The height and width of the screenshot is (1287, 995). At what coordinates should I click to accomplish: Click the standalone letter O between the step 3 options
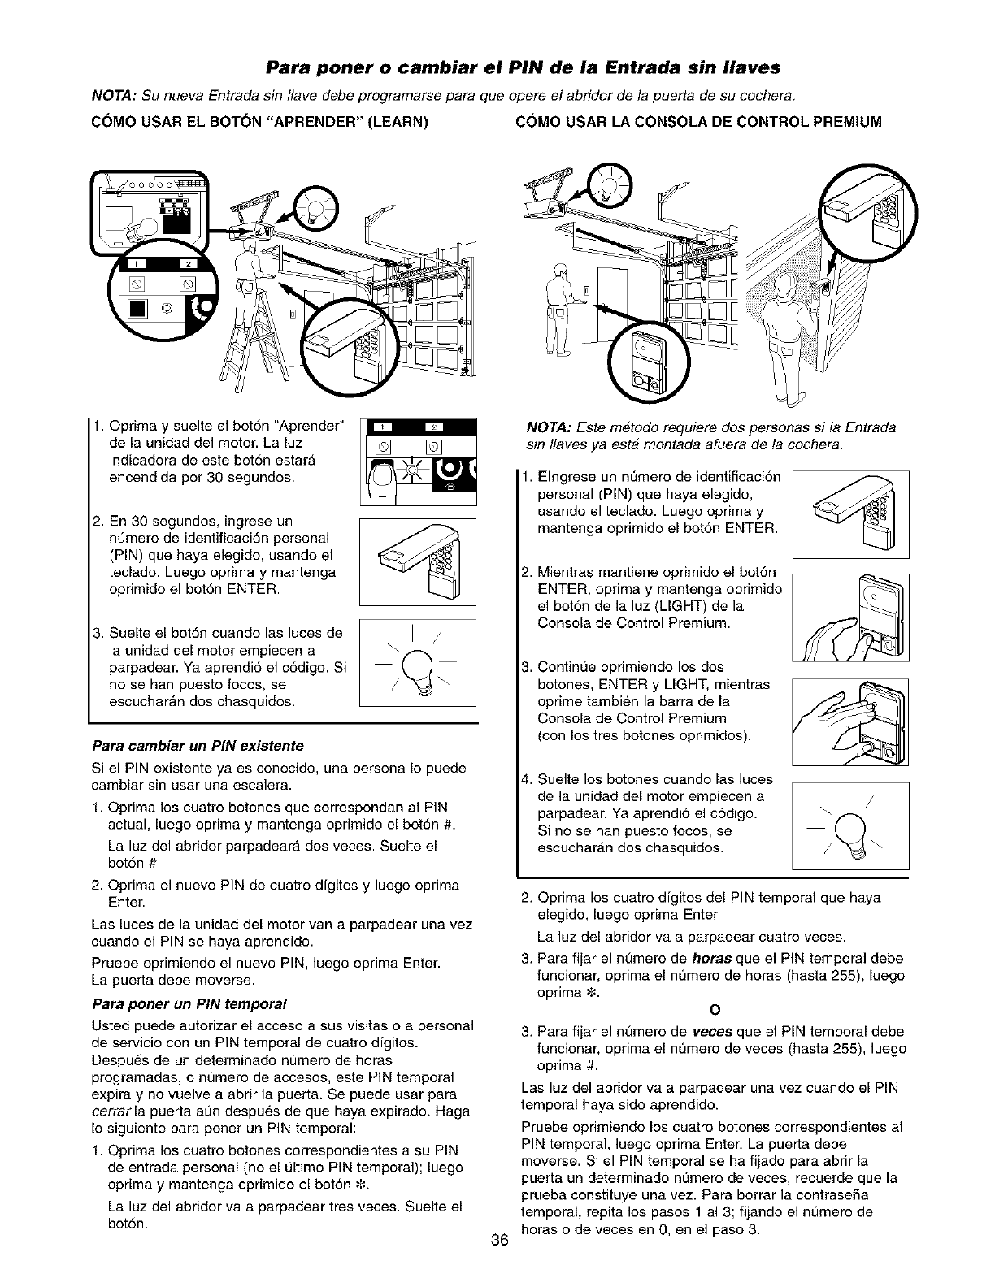[x=715, y=1011]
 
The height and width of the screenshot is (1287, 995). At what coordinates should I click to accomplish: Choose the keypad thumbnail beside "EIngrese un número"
[x=850, y=514]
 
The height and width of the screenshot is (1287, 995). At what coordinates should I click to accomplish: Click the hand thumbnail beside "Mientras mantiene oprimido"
[x=850, y=617]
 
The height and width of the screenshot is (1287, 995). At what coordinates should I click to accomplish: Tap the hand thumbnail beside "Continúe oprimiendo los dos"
[x=850, y=722]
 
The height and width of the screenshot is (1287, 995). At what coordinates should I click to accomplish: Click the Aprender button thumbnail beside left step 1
[x=418, y=460]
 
